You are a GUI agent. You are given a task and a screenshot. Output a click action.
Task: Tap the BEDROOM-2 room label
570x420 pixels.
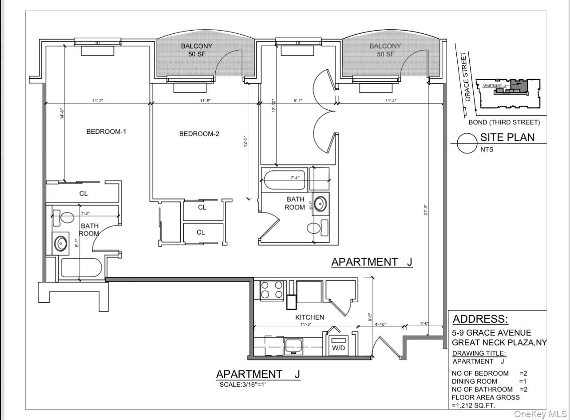(199, 134)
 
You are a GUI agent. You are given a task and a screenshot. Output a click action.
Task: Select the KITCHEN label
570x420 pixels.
(309, 317)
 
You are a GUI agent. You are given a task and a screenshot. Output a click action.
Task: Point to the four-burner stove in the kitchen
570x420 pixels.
(271, 290)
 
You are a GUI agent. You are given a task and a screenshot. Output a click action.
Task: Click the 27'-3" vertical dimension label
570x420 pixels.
(425, 210)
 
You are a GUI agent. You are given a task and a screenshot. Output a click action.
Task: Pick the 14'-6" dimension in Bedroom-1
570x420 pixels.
(63, 114)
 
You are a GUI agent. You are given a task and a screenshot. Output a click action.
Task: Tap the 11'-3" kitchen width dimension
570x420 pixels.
(305, 324)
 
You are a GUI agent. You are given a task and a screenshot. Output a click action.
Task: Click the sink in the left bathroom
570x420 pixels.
(60, 243)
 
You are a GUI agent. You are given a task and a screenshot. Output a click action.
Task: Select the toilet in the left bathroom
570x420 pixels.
(65, 218)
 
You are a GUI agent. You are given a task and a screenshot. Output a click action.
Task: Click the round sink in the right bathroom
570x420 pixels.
(319, 204)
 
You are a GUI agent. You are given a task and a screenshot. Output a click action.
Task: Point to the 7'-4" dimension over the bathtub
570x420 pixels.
(295, 178)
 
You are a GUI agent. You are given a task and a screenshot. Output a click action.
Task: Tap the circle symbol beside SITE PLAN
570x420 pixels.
(467, 143)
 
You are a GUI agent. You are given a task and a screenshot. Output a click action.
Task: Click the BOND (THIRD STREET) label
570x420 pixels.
(504, 123)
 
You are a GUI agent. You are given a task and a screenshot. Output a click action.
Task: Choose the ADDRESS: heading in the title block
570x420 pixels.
(480, 319)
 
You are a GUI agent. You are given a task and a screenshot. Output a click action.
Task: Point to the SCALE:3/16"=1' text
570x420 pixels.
(242, 384)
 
